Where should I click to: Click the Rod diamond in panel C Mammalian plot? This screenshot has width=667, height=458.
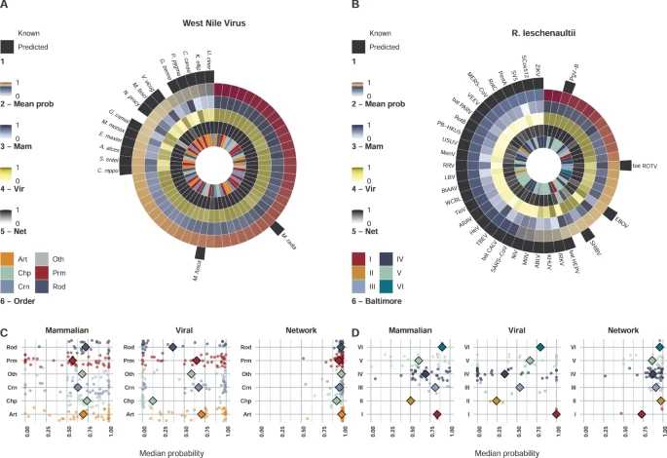click(85, 347)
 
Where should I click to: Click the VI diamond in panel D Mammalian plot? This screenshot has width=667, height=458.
click(442, 347)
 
